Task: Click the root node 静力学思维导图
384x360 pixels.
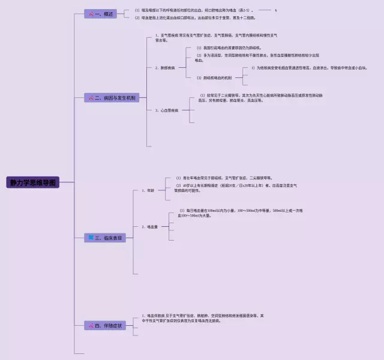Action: click(x=34, y=182)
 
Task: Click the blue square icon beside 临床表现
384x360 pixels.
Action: click(x=91, y=238)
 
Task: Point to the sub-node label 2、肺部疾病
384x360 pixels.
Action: click(x=165, y=68)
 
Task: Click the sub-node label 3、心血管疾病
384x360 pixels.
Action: click(x=167, y=110)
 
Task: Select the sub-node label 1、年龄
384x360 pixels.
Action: click(x=148, y=191)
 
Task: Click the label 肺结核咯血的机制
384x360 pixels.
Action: click(x=214, y=78)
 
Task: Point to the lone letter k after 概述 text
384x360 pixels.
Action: click(x=275, y=10)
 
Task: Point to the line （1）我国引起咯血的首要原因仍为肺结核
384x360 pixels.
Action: click(x=229, y=47)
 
